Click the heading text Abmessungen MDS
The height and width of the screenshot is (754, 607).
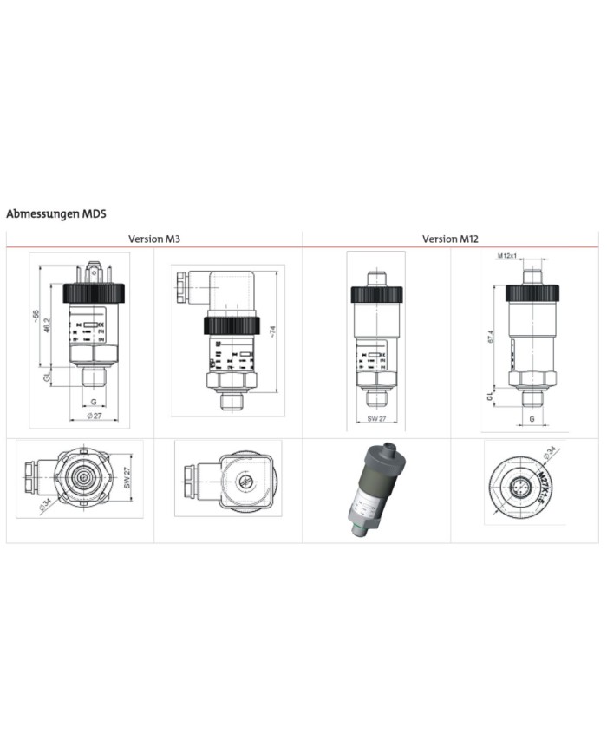55,213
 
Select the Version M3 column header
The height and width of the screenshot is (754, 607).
154,239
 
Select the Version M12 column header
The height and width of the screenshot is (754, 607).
450,239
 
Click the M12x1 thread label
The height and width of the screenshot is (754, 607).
508,256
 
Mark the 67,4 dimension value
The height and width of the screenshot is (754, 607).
491,336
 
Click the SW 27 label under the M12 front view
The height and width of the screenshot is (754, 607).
375,419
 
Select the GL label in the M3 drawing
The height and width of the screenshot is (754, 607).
49,378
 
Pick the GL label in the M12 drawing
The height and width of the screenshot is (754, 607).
490,396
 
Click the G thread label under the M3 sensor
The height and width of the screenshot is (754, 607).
92,402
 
